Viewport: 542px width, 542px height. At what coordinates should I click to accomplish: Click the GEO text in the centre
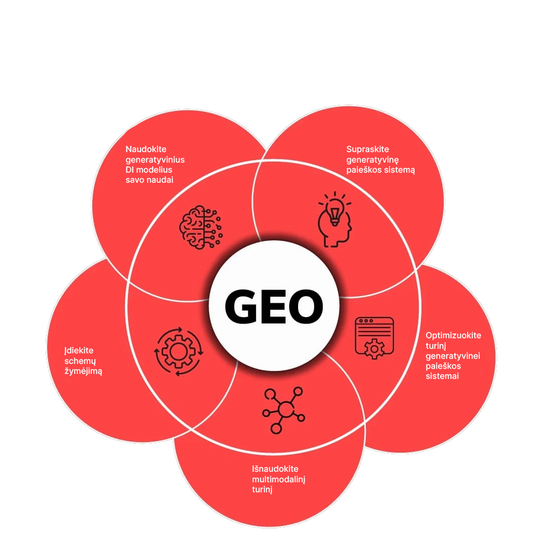tap(274, 307)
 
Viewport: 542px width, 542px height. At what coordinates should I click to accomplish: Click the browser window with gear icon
tap(374, 338)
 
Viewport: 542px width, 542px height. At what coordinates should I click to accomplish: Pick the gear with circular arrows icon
tap(179, 351)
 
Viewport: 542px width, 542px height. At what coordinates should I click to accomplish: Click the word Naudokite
tap(146, 149)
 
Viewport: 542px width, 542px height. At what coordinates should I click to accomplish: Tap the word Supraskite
tap(367, 149)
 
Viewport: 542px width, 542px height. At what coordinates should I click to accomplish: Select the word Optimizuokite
tap(453, 335)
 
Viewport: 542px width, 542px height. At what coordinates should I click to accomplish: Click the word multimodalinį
tap(279, 479)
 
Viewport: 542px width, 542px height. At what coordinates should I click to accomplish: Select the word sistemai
tap(442, 376)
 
